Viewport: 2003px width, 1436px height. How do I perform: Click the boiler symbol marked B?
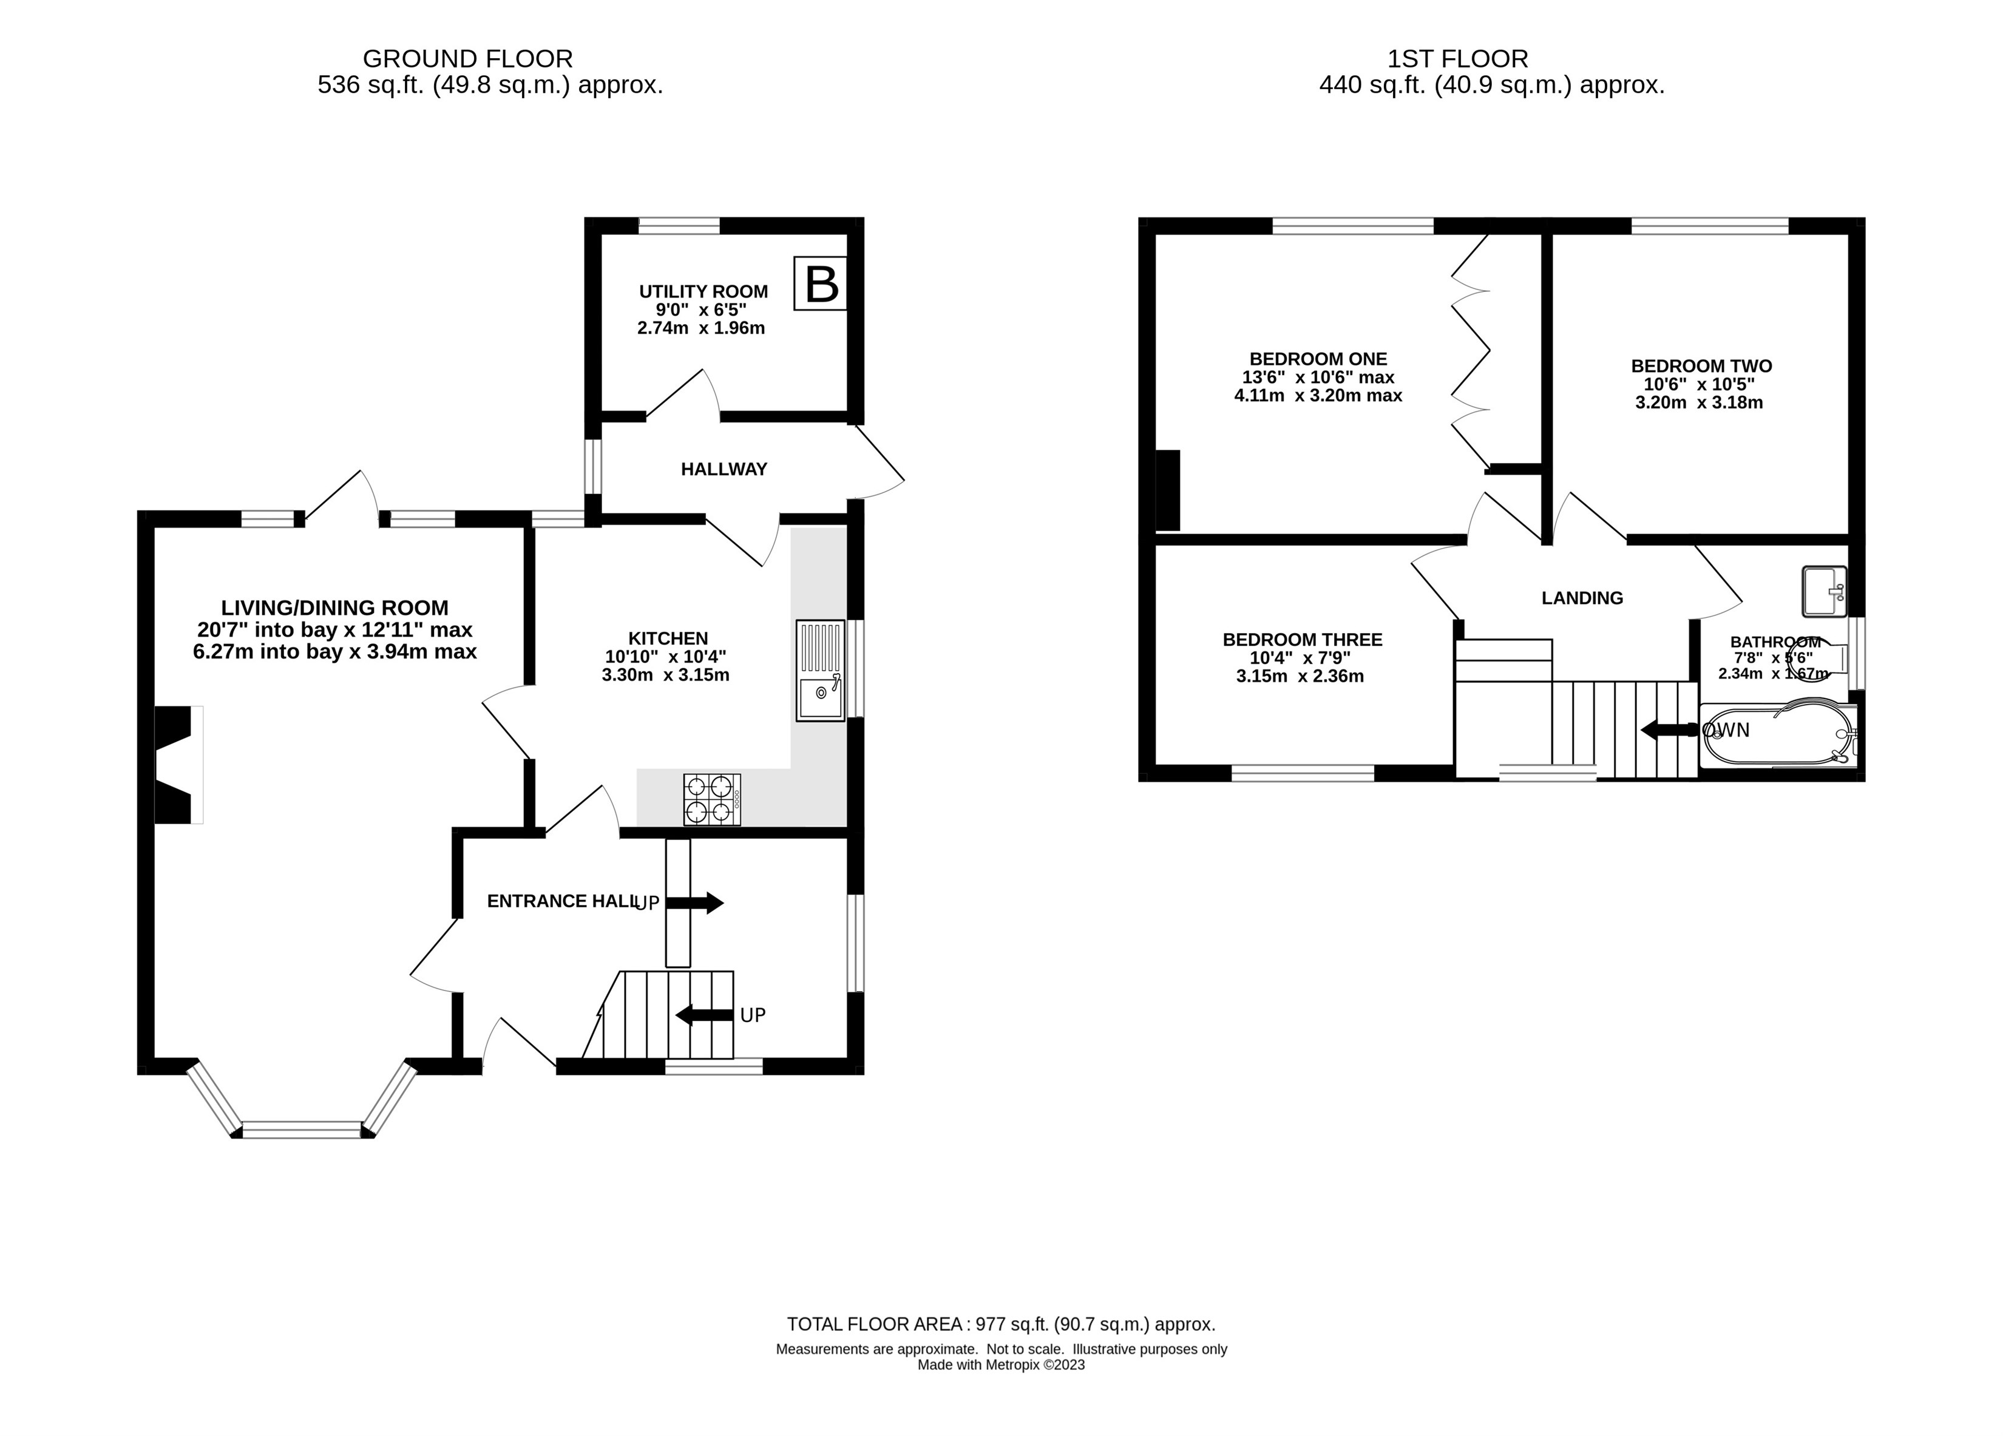click(x=819, y=283)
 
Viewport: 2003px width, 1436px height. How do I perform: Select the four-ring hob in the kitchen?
click(x=712, y=799)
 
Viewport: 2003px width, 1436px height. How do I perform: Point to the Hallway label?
click(x=724, y=469)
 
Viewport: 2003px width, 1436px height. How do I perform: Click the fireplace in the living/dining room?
click(x=177, y=765)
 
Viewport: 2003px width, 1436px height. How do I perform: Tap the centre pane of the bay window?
click(x=302, y=1129)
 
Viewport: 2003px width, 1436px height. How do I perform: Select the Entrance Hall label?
click(x=561, y=901)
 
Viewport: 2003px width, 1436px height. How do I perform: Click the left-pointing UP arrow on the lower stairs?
click(x=704, y=1015)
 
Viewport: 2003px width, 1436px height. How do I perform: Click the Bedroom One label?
click(x=1318, y=359)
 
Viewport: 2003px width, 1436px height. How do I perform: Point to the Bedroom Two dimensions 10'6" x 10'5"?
click(x=1698, y=384)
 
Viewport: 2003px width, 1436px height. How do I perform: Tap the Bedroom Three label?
click(x=1302, y=639)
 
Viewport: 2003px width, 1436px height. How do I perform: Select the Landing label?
click(x=1582, y=598)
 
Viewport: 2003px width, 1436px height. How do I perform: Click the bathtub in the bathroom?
click(x=1775, y=735)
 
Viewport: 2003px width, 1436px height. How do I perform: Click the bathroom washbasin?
click(x=1824, y=591)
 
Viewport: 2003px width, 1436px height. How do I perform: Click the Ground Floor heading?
click(x=467, y=58)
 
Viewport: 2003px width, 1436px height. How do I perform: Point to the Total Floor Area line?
click(x=1001, y=1324)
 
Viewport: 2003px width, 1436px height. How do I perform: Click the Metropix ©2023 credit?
click(x=1001, y=1364)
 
